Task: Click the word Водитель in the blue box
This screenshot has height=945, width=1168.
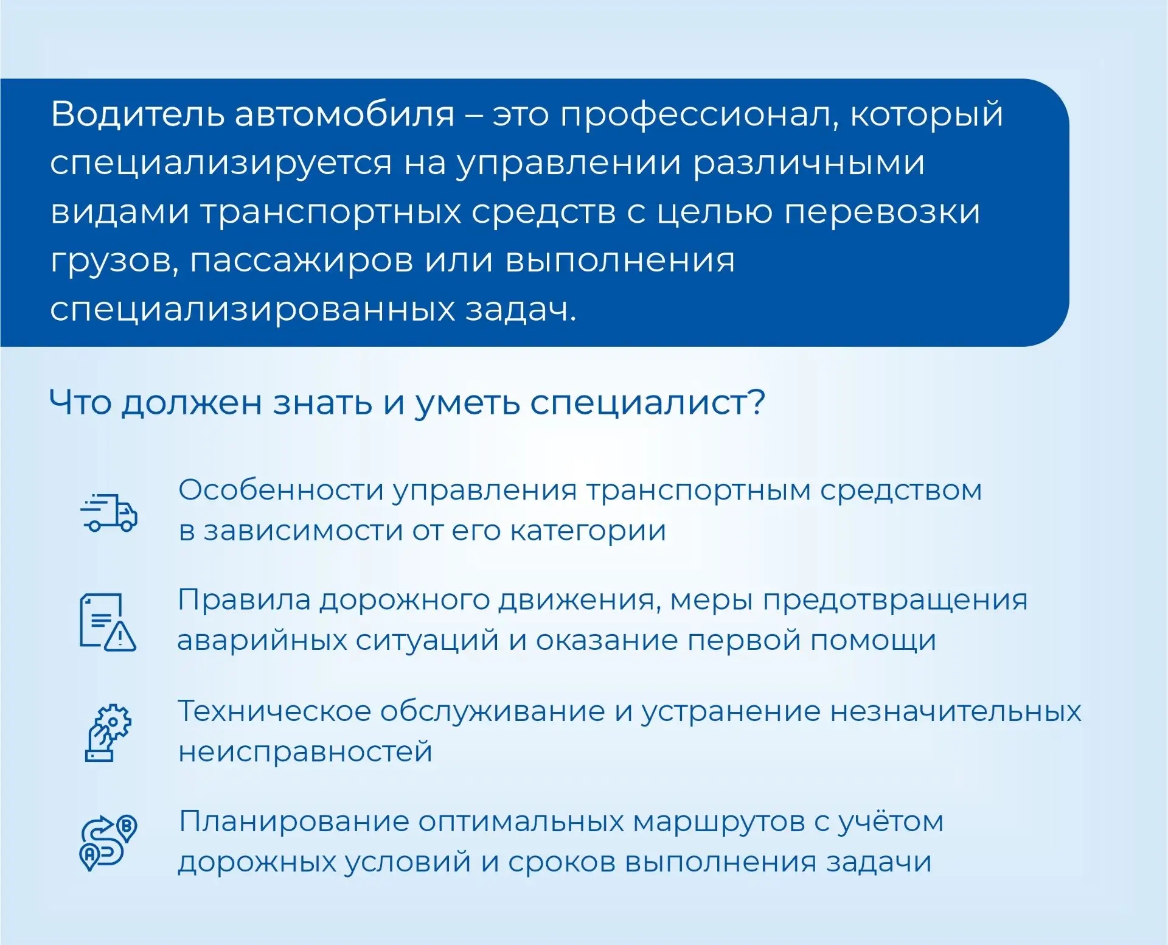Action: (137, 114)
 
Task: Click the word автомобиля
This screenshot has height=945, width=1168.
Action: (344, 114)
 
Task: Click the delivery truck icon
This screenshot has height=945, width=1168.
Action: (109, 512)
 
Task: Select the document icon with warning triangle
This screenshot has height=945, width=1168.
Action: (108, 622)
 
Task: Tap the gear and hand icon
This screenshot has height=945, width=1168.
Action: (108, 732)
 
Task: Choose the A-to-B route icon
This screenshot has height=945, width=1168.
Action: (108, 843)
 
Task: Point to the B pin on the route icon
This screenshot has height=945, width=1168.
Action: (127, 827)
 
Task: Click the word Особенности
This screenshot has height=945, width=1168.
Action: (281, 490)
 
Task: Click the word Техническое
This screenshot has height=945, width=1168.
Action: (274, 711)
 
